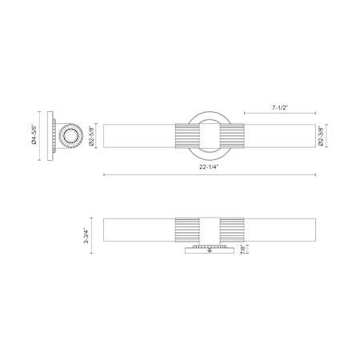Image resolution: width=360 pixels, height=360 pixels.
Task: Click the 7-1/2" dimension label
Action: point(280,108)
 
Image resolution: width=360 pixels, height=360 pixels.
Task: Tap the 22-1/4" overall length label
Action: point(209,167)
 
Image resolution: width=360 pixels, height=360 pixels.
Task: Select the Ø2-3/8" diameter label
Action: point(321,136)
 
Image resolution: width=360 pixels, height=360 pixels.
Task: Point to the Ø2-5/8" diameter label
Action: point(92,136)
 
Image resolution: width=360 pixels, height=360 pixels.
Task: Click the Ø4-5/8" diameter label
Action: point(34,134)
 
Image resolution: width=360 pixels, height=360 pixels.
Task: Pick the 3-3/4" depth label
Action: point(86,236)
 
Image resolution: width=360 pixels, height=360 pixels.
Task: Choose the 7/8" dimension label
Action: point(243,250)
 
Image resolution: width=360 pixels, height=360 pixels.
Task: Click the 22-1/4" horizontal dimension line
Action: point(210,175)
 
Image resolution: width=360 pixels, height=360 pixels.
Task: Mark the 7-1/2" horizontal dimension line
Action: point(280,114)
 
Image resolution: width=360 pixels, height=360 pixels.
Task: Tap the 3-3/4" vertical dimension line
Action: point(92,235)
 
